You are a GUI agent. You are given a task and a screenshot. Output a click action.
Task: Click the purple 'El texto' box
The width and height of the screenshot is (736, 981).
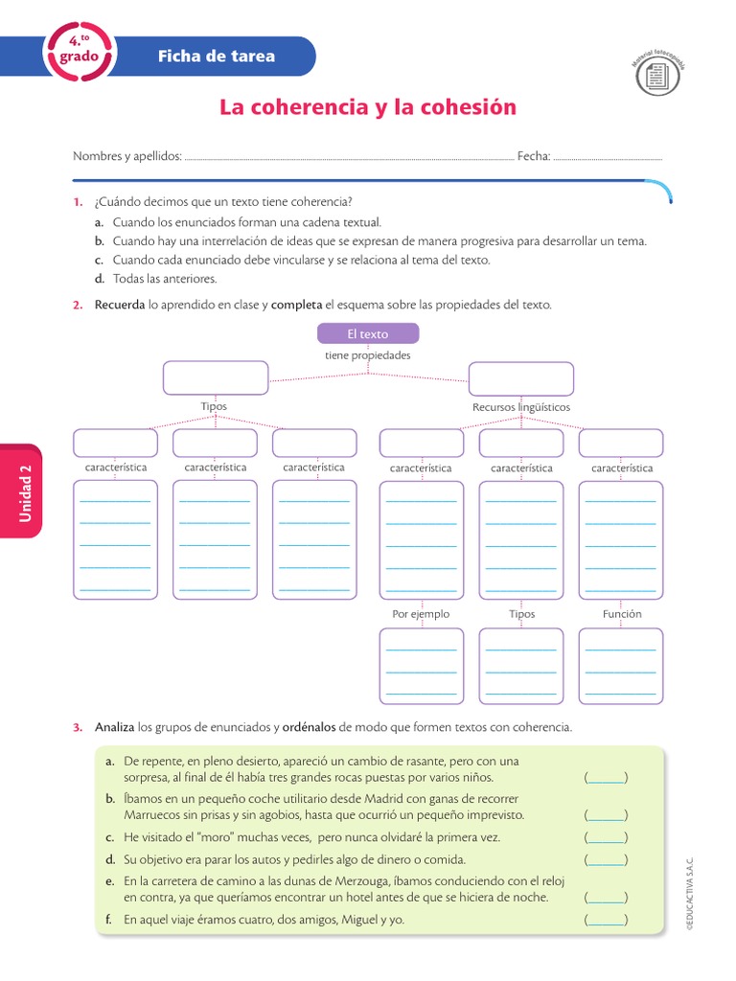367,333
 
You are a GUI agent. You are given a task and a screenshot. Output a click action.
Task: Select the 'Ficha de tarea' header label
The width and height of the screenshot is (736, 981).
216,56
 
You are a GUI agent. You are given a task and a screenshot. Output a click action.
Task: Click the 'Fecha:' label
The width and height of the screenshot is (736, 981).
534,156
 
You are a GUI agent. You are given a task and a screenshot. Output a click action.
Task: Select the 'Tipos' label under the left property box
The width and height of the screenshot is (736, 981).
214,407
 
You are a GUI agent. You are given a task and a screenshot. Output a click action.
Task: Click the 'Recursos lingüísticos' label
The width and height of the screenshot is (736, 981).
520,407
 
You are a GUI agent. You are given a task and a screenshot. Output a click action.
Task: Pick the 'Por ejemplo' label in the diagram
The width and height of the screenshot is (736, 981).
421,614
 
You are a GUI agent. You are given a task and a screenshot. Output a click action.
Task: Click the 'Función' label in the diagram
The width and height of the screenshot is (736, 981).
622,614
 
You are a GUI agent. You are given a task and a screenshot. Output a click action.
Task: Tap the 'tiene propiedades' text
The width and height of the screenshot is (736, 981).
367,355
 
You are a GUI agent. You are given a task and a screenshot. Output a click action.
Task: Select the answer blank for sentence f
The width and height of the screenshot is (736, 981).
606,920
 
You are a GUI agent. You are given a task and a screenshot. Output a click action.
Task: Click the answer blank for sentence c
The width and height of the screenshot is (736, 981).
606,837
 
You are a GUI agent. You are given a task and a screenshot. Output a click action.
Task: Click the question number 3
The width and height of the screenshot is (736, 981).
78,727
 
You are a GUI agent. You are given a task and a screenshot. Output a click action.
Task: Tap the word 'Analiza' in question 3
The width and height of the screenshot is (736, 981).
115,727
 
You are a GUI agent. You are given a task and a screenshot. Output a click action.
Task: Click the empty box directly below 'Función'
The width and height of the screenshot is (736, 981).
620,665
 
